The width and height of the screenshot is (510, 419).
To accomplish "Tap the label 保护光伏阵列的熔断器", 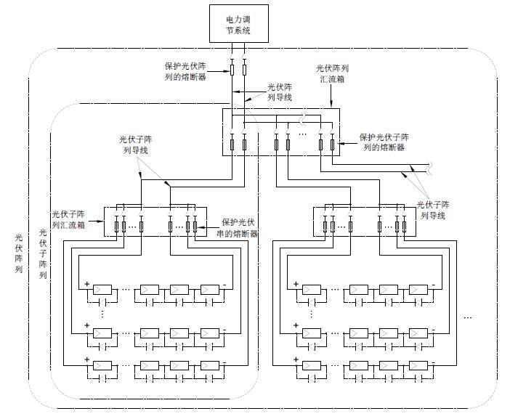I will (x=185, y=71).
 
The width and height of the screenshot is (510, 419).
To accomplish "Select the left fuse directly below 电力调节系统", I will (x=232, y=70).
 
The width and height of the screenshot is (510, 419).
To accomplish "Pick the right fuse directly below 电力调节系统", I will (x=244, y=70).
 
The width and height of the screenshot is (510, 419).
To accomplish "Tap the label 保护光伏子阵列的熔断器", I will (x=384, y=142).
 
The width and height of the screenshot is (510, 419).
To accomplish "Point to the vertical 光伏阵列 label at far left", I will (x=19, y=253).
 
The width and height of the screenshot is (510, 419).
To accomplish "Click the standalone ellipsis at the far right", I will (x=469, y=317).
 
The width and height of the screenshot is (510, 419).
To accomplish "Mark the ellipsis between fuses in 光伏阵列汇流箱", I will (x=304, y=135).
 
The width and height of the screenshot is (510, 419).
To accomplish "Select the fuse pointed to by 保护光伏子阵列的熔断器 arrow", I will (x=333, y=145).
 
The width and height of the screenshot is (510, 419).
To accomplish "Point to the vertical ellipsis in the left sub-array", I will (x=102, y=313).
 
